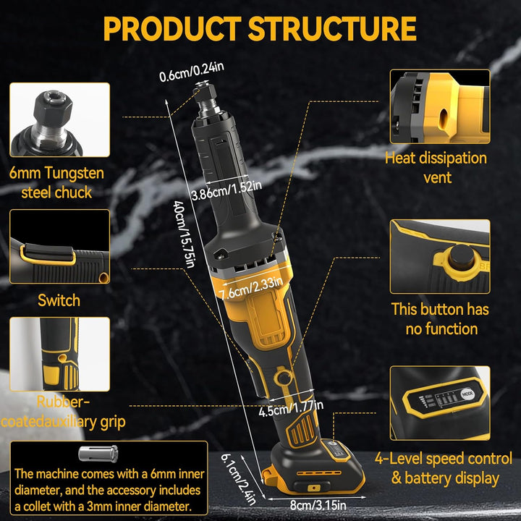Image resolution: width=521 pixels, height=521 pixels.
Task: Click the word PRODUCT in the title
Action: click(x=172, y=28)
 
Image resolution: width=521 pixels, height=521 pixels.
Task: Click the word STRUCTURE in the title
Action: click(x=332, y=28)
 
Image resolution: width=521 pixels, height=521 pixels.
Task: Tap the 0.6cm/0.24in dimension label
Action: click(x=192, y=72)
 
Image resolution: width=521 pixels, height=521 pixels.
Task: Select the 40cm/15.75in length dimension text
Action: click(x=183, y=234)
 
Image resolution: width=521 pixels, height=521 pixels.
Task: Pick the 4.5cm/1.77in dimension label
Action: click(x=291, y=408)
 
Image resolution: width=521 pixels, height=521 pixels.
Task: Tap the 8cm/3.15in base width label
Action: click(x=318, y=505)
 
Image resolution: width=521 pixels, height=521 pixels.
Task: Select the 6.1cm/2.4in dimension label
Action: click(x=239, y=479)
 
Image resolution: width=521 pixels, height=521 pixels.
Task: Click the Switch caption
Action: click(x=59, y=300)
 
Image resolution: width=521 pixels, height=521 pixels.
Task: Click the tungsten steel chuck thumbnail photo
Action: click(x=60, y=119)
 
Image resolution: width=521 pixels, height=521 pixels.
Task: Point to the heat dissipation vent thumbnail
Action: click(x=440, y=106)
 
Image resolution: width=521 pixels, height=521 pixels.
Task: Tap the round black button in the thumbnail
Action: click(x=462, y=257)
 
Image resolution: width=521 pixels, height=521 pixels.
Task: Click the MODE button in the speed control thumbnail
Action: click(x=467, y=394)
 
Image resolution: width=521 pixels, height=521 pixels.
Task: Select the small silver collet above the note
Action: click(x=98, y=454)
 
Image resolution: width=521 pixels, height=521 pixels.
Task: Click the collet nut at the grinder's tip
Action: click(x=205, y=94)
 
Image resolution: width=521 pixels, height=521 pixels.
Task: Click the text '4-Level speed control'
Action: click(x=444, y=459)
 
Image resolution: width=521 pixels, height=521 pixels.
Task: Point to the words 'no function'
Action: click(x=441, y=329)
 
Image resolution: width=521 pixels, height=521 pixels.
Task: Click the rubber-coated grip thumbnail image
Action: click(x=60, y=354)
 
